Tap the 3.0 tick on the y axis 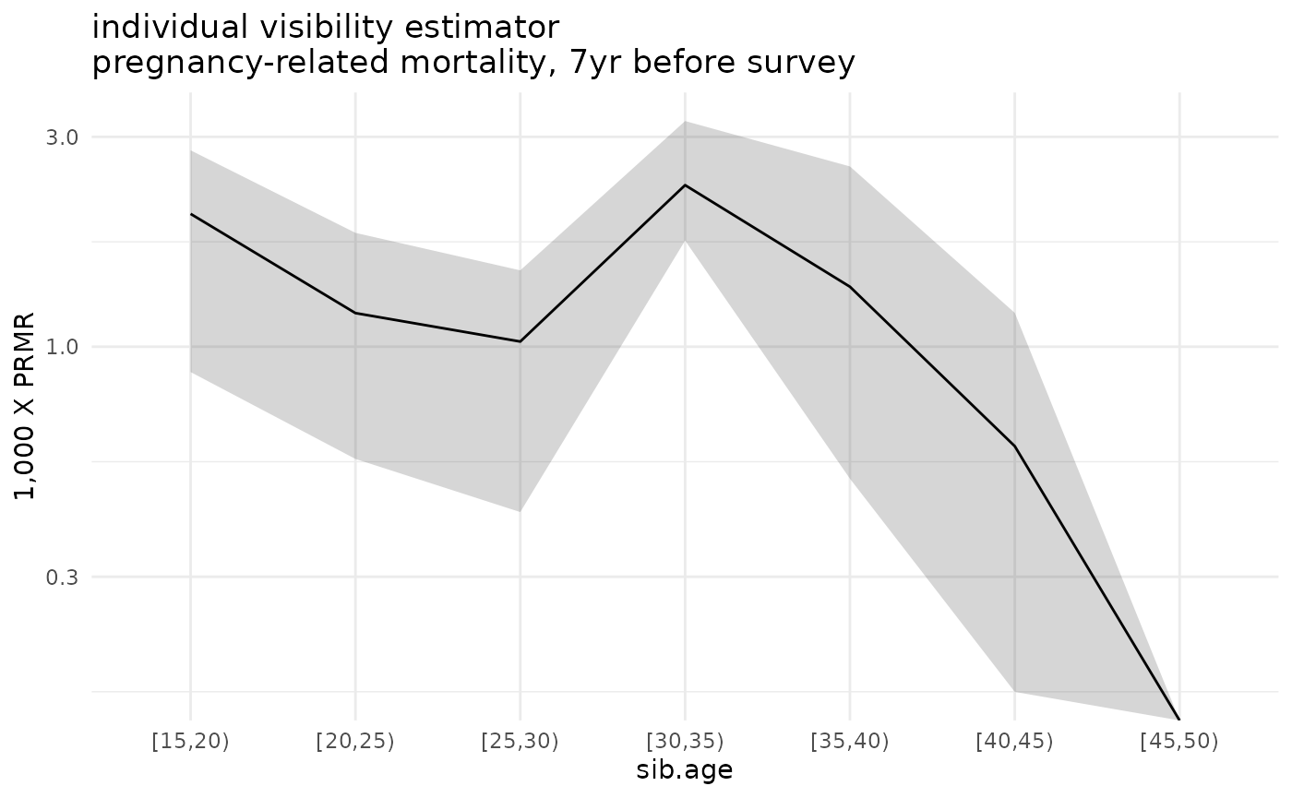[x=63, y=137]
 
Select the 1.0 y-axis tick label [x=63, y=348]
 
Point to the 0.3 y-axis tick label [x=63, y=578]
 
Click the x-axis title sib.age [x=684, y=770]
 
